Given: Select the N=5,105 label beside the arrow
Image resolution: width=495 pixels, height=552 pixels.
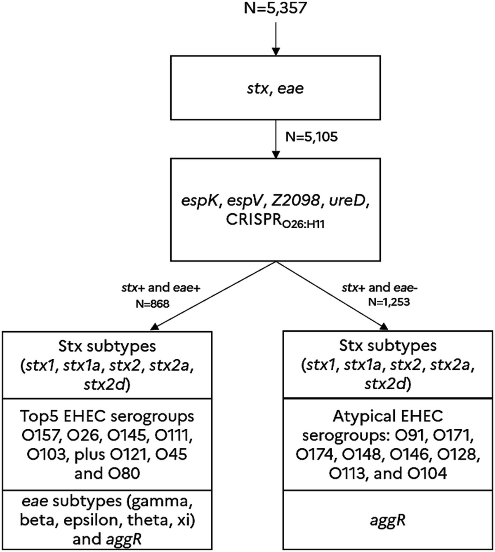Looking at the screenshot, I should (311, 136).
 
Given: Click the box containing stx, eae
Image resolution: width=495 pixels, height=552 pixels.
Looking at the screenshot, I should (275, 88).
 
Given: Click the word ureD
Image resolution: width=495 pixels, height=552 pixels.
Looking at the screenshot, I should (353, 202).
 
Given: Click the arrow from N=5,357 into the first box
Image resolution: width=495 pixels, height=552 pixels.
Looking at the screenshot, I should (275, 37).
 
